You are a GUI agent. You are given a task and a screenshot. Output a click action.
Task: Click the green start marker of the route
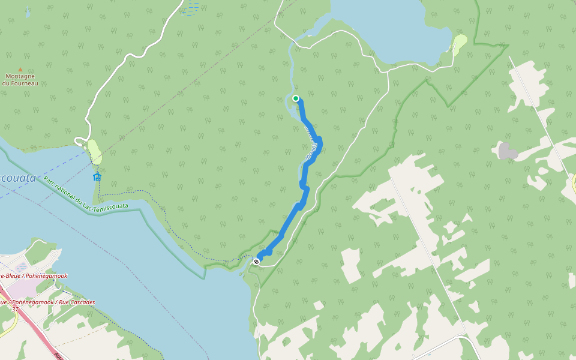point(296,98)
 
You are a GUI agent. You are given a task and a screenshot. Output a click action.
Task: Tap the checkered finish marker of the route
point(257,261)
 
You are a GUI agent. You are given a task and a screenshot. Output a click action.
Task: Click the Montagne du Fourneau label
point(20,80)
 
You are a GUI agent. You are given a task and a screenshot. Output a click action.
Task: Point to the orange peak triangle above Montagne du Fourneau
point(20,70)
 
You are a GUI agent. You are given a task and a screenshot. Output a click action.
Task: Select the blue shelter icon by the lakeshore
point(97,176)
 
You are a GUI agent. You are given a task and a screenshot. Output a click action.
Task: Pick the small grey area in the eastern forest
point(508,151)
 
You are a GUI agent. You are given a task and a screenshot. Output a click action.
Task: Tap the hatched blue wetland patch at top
point(191,8)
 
